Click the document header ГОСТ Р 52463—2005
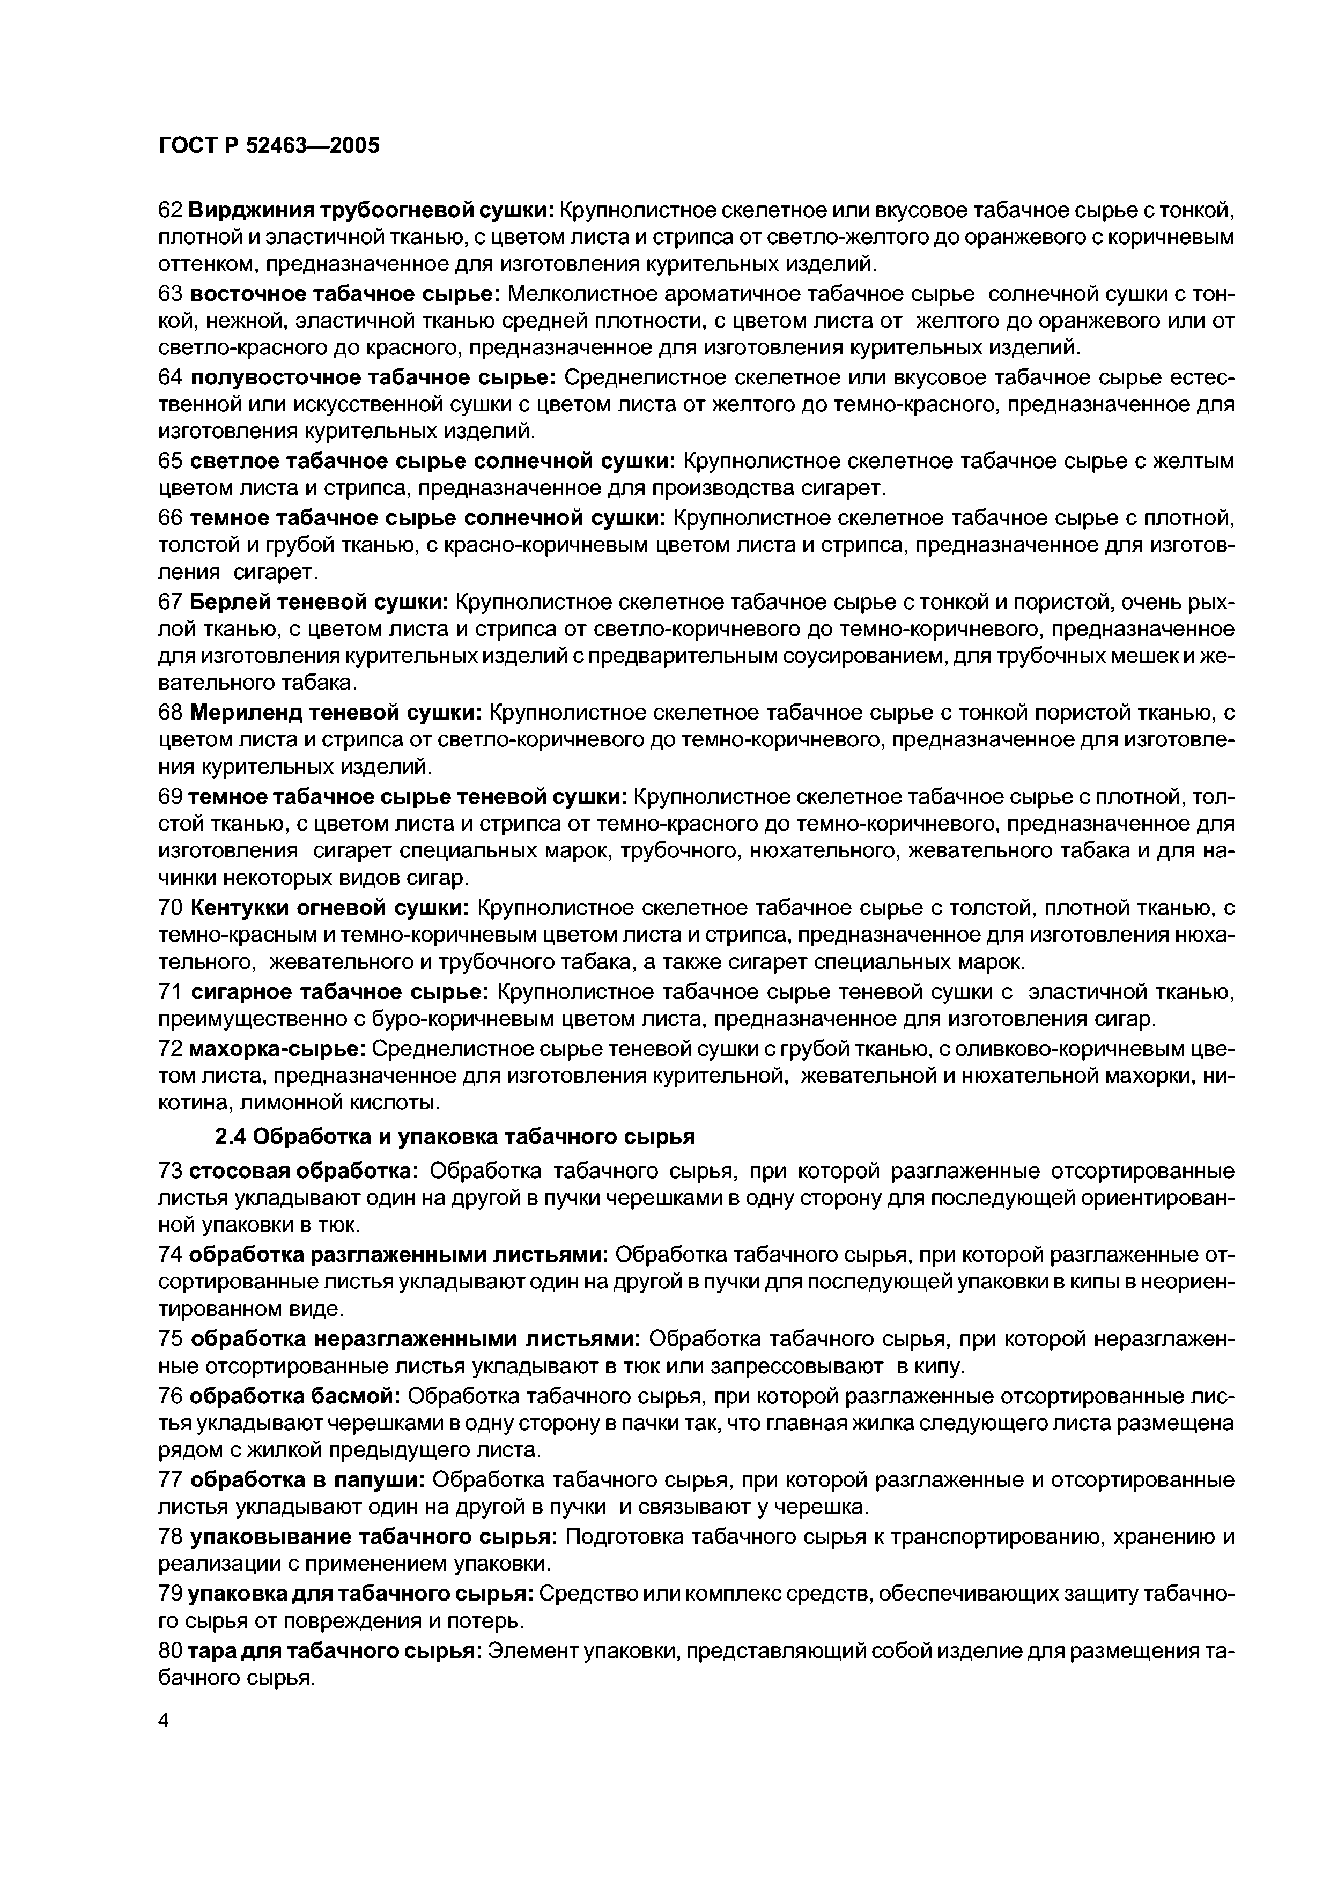269,146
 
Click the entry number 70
169,908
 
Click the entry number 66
169,518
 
